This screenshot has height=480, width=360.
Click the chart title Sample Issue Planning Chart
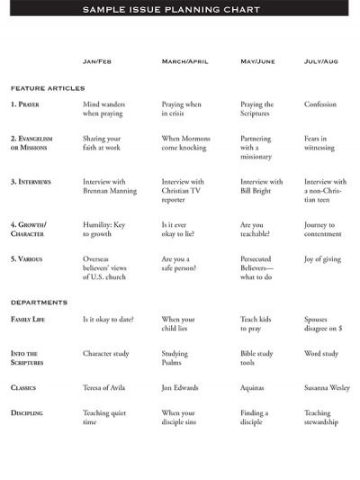pyautogui.click(x=171, y=9)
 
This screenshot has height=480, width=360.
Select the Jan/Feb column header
pyautogui.click(x=97, y=61)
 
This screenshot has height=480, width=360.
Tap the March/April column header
pyautogui.click(x=184, y=61)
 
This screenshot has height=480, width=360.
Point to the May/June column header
pyautogui.click(x=258, y=61)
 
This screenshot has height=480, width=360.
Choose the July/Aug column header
pyautogui.click(x=321, y=61)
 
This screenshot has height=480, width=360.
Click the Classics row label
pyautogui.click(x=23, y=388)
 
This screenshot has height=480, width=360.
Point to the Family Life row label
pyautogui.click(x=29, y=320)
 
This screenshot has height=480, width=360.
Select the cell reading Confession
pyautogui.click(x=320, y=104)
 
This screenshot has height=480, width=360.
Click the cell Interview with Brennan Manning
pyautogui.click(x=111, y=186)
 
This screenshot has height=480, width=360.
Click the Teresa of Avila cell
pyautogui.click(x=104, y=388)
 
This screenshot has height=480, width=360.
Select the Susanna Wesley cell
pyautogui.click(x=326, y=388)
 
